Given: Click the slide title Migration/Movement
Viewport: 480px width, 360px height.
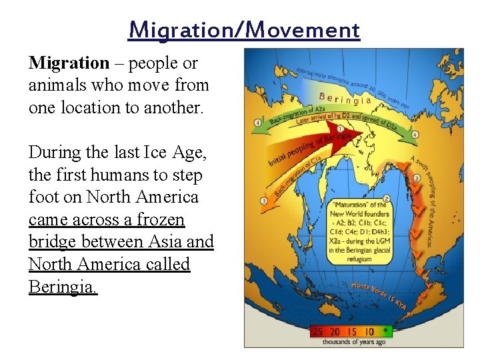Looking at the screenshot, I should [x=244, y=30].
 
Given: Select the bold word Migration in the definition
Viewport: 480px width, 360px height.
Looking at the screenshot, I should [x=69, y=63].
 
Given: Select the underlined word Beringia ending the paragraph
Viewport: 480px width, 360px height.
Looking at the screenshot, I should [x=63, y=287].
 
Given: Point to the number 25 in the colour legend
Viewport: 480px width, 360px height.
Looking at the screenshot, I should [x=319, y=331].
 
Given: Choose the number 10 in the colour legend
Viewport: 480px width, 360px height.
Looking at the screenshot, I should [x=369, y=331].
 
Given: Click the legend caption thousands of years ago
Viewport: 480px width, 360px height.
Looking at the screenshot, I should [x=353, y=342].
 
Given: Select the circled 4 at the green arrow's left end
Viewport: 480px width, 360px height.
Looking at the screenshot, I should [x=257, y=123].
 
